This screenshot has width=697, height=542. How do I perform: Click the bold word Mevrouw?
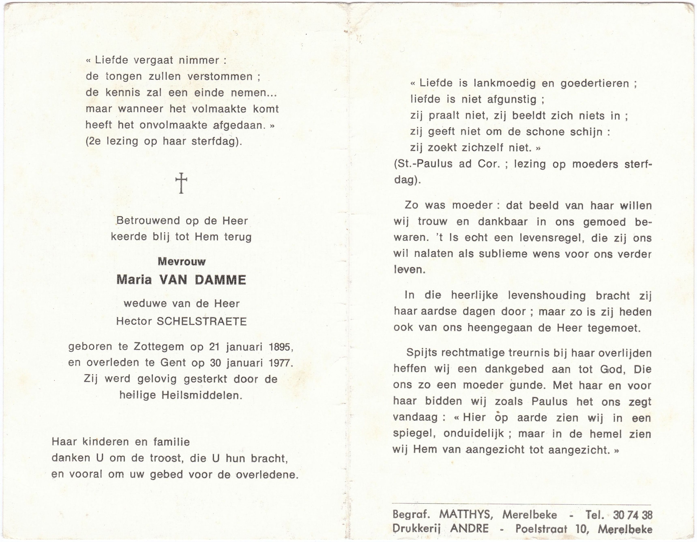click(182, 262)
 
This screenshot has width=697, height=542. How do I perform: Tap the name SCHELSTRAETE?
click(201, 321)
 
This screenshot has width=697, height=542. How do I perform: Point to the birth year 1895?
click(281, 347)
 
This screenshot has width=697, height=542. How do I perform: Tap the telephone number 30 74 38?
click(633, 515)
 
